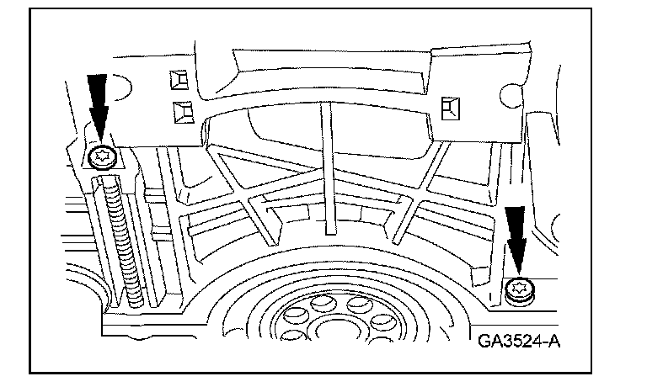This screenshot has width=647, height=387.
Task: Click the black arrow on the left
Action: click(100, 105)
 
